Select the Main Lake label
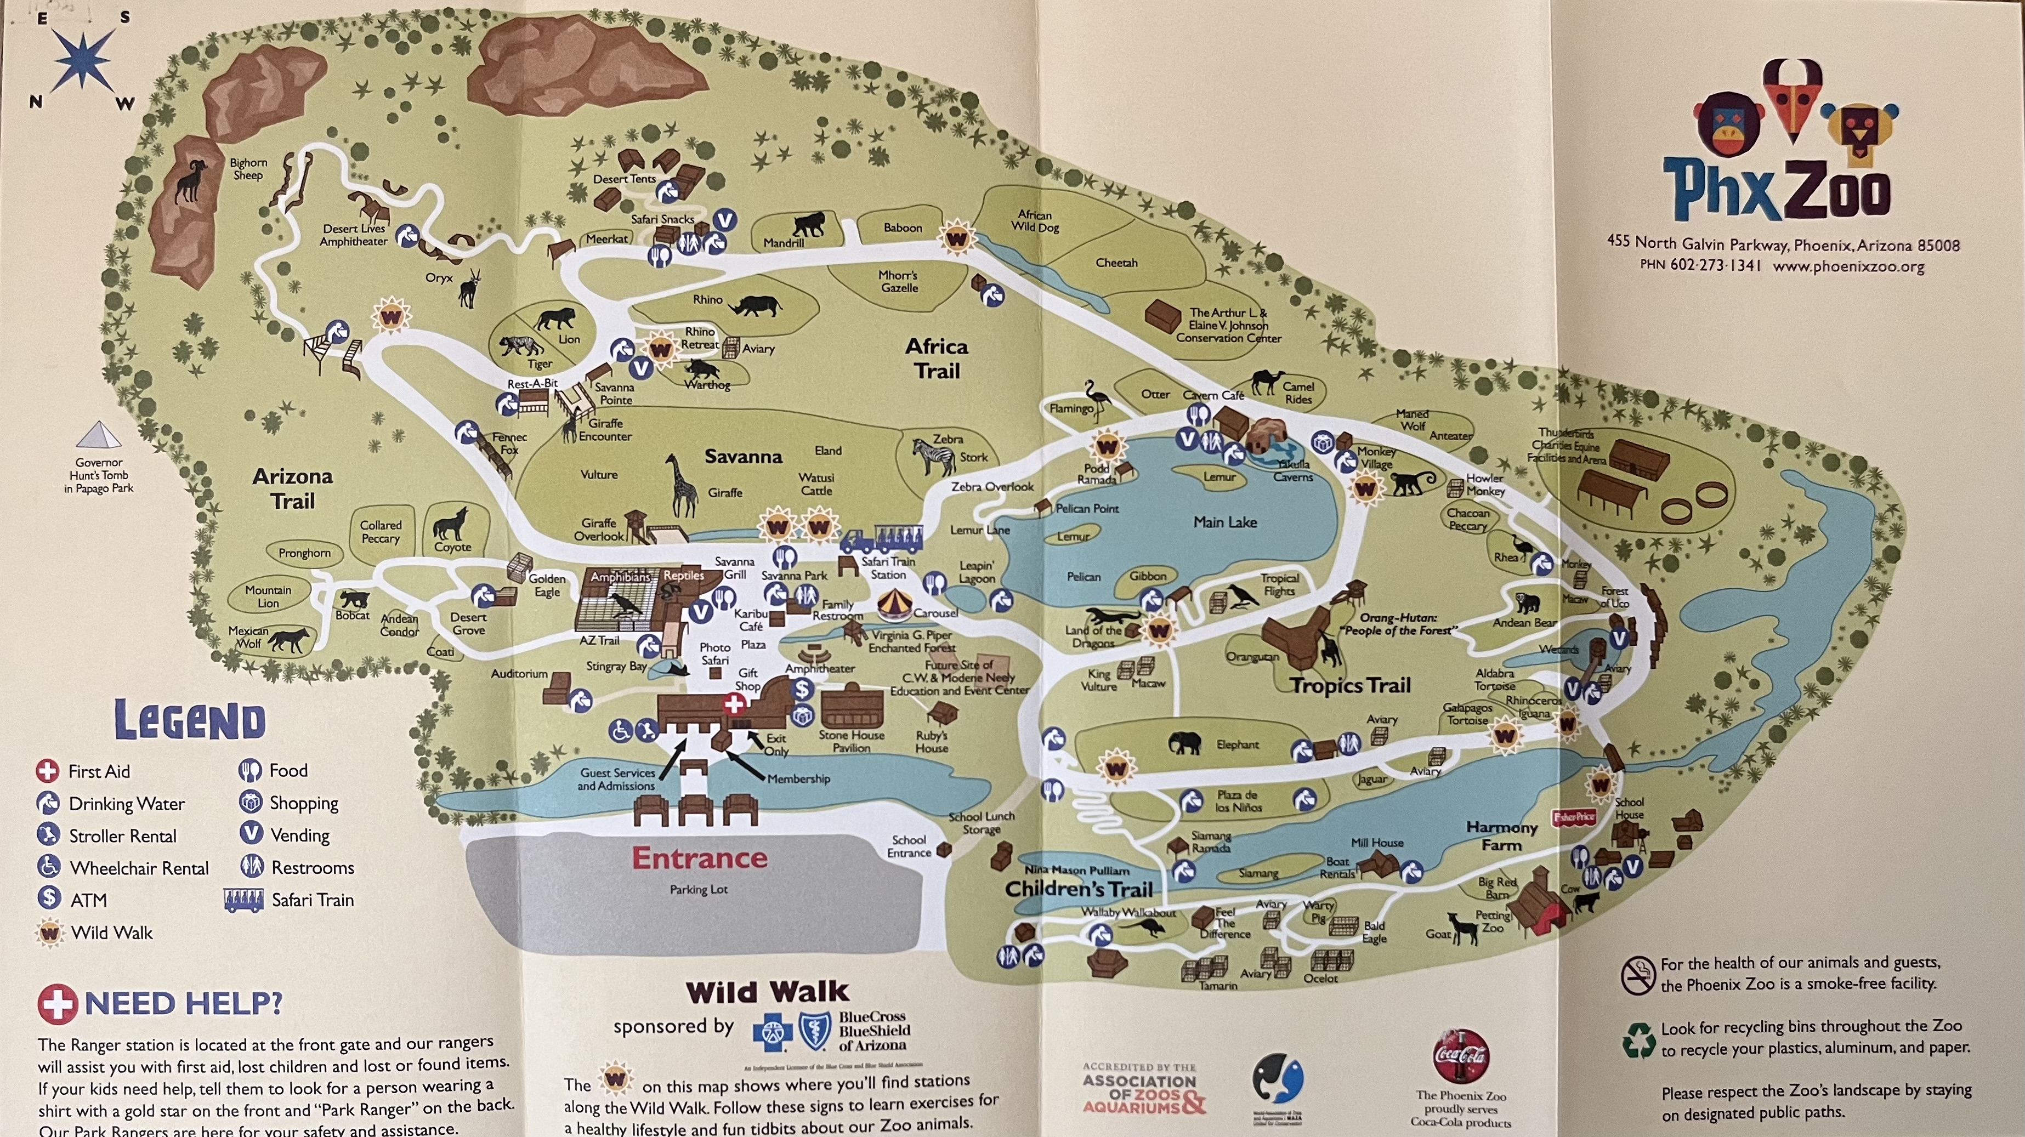1225,522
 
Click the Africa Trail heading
936,359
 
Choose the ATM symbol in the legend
49,898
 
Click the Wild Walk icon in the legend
49,933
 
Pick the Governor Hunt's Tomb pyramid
99,435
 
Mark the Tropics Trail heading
1351,685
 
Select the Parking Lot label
698,890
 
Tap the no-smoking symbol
1638,976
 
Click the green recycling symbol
1638,1039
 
